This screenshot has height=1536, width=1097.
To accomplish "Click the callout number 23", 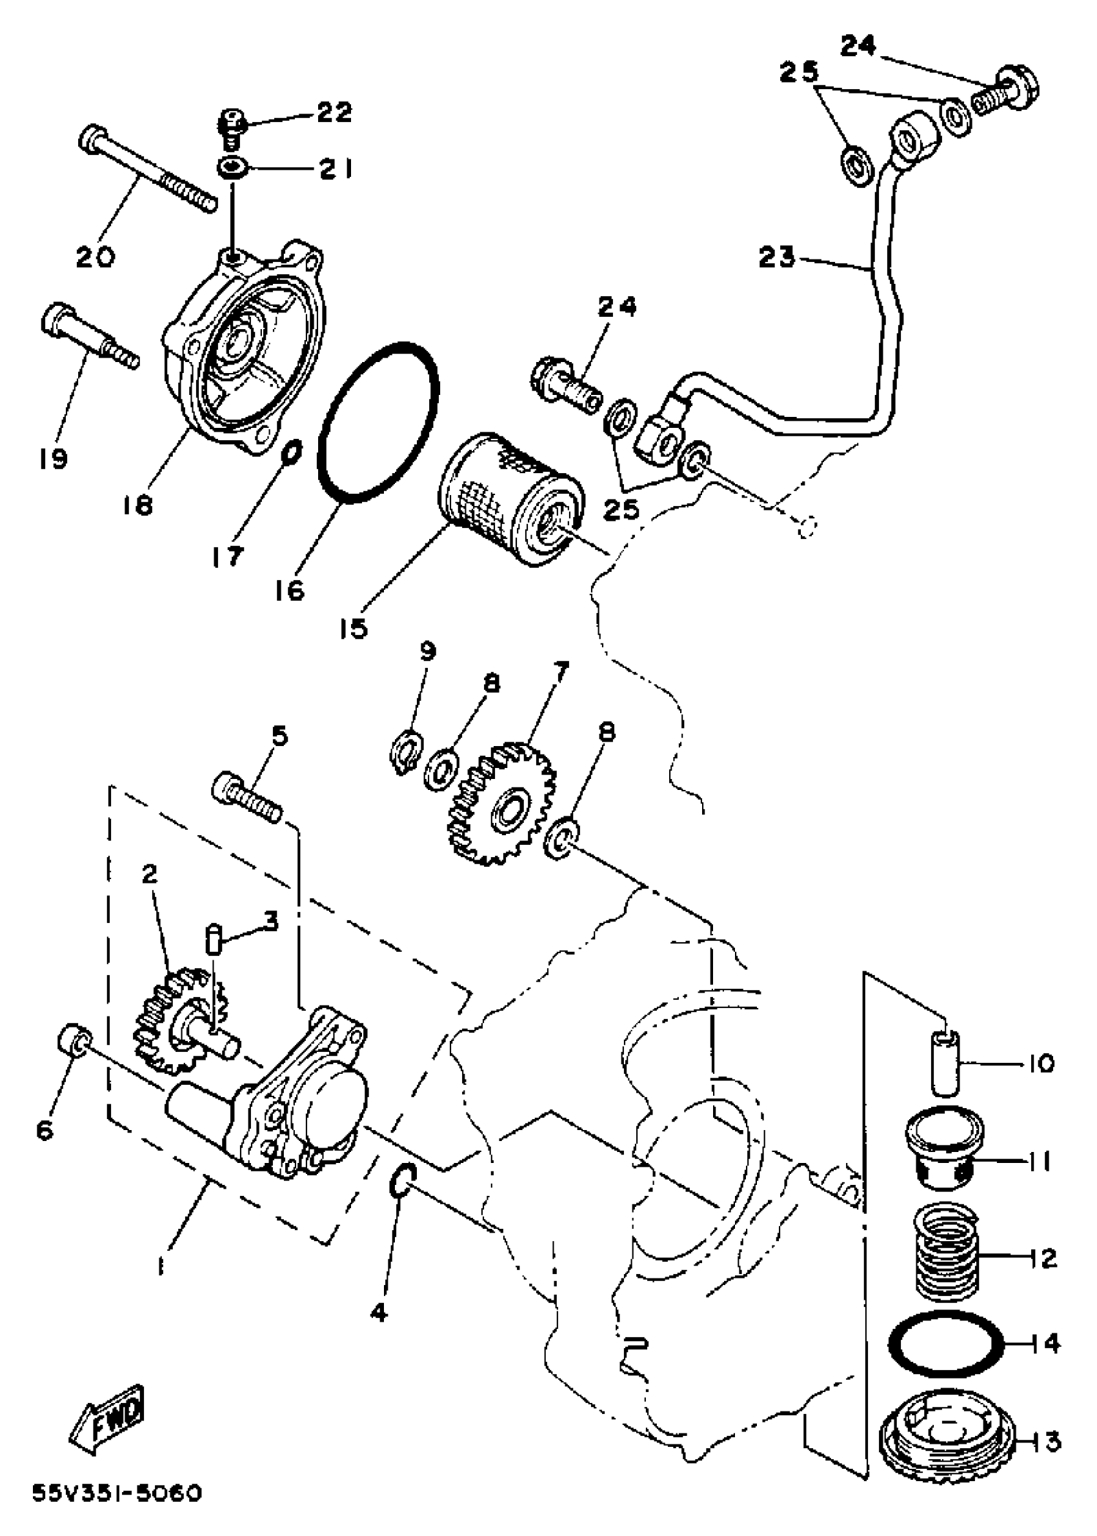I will pyautogui.click(x=777, y=257).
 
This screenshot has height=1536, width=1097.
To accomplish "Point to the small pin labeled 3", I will pyautogui.click(x=213, y=940).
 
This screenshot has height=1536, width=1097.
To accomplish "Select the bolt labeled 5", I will pyautogui.click(x=247, y=798).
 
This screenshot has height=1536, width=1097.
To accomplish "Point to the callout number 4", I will pyautogui.click(x=379, y=1313).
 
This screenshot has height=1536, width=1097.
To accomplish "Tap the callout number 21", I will pyautogui.click(x=336, y=168).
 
